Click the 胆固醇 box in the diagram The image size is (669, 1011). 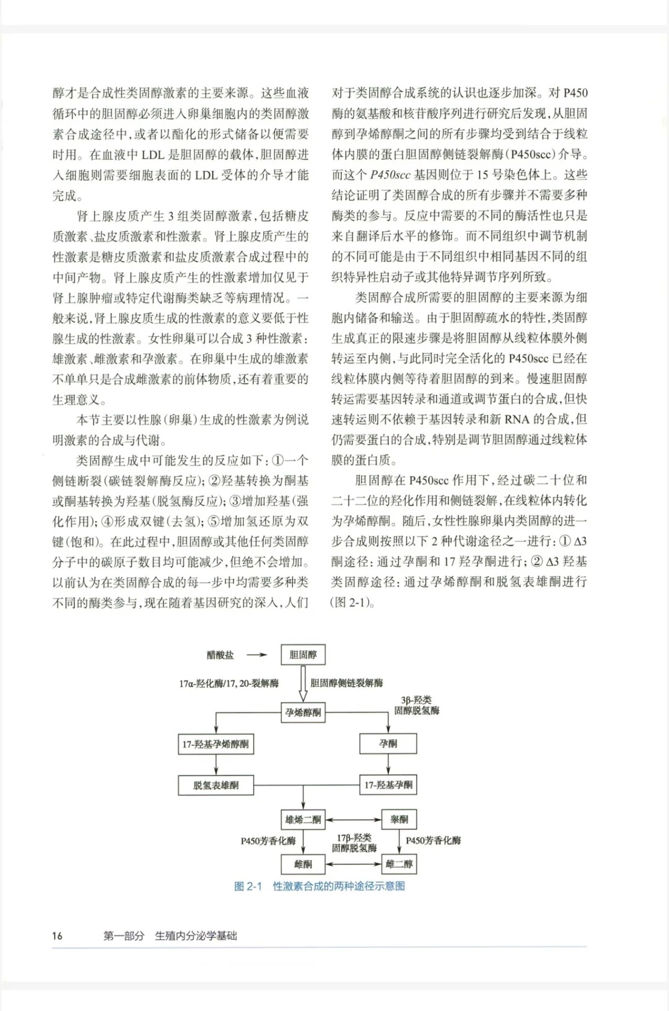point(303,655)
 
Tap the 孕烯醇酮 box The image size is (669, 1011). point(303,712)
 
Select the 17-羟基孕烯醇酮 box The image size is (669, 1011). point(216,744)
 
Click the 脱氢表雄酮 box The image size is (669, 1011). point(216,785)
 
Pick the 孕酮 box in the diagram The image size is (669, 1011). point(388,743)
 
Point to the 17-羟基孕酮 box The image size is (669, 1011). point(388,785)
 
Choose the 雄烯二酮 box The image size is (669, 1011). point(303,820)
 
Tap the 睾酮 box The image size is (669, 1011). point(399,820)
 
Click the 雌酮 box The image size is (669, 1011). point(303,864)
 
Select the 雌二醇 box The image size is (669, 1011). point(399,864)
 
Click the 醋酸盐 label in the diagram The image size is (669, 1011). point(221,655)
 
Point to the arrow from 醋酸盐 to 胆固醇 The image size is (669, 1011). point(256,655)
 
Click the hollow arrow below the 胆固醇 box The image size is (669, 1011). point(303,683)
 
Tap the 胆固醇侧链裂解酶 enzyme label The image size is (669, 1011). point(346,683)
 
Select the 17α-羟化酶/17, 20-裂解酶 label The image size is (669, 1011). point(229,683)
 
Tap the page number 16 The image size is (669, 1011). point(57,935)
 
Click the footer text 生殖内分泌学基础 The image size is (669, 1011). point(196,935)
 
